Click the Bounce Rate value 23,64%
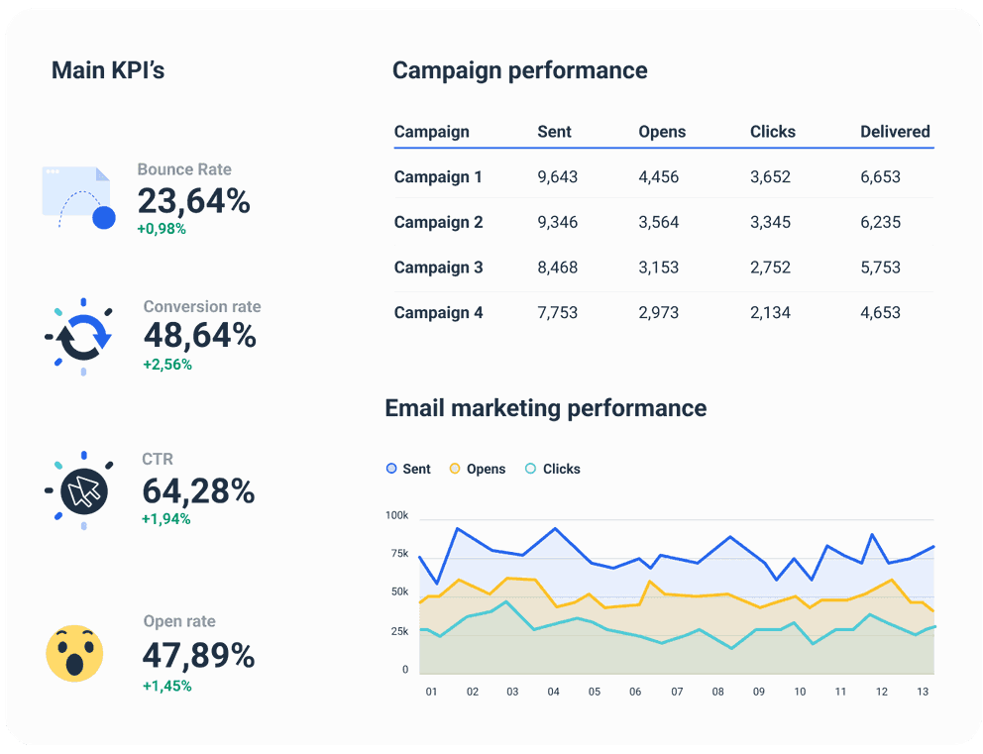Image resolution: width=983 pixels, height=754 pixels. [x=193, y=201]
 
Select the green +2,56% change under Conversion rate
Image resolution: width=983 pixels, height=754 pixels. [x=167, y=365]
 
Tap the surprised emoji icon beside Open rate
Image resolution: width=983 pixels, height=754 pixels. [x=75, y=653]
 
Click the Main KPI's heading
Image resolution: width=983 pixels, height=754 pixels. [x=108, y=70]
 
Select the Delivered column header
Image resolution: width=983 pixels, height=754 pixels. [x=895, y=132]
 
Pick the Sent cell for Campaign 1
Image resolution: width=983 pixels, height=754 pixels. [x=557, y=177]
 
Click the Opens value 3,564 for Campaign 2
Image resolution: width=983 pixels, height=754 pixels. [x=658, y=222]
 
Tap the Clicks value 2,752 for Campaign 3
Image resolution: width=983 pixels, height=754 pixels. [x=770, y=268]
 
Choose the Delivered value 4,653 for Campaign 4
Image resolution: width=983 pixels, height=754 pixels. [x=880, y=313]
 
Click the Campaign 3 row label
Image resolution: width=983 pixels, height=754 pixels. [x=438, y=268]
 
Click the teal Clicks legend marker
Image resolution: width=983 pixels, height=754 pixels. [x=531, y=469]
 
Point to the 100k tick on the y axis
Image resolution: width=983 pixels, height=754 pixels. [x=396, y=516]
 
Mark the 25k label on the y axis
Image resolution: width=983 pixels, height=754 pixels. [x=398, y=631]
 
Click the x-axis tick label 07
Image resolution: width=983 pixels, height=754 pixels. [x=677, y=692]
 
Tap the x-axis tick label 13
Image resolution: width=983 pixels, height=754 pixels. [x=923, y=692]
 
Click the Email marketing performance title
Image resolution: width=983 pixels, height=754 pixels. [x=545, y=408]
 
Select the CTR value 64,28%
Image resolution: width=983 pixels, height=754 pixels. [x=198, y=491]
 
